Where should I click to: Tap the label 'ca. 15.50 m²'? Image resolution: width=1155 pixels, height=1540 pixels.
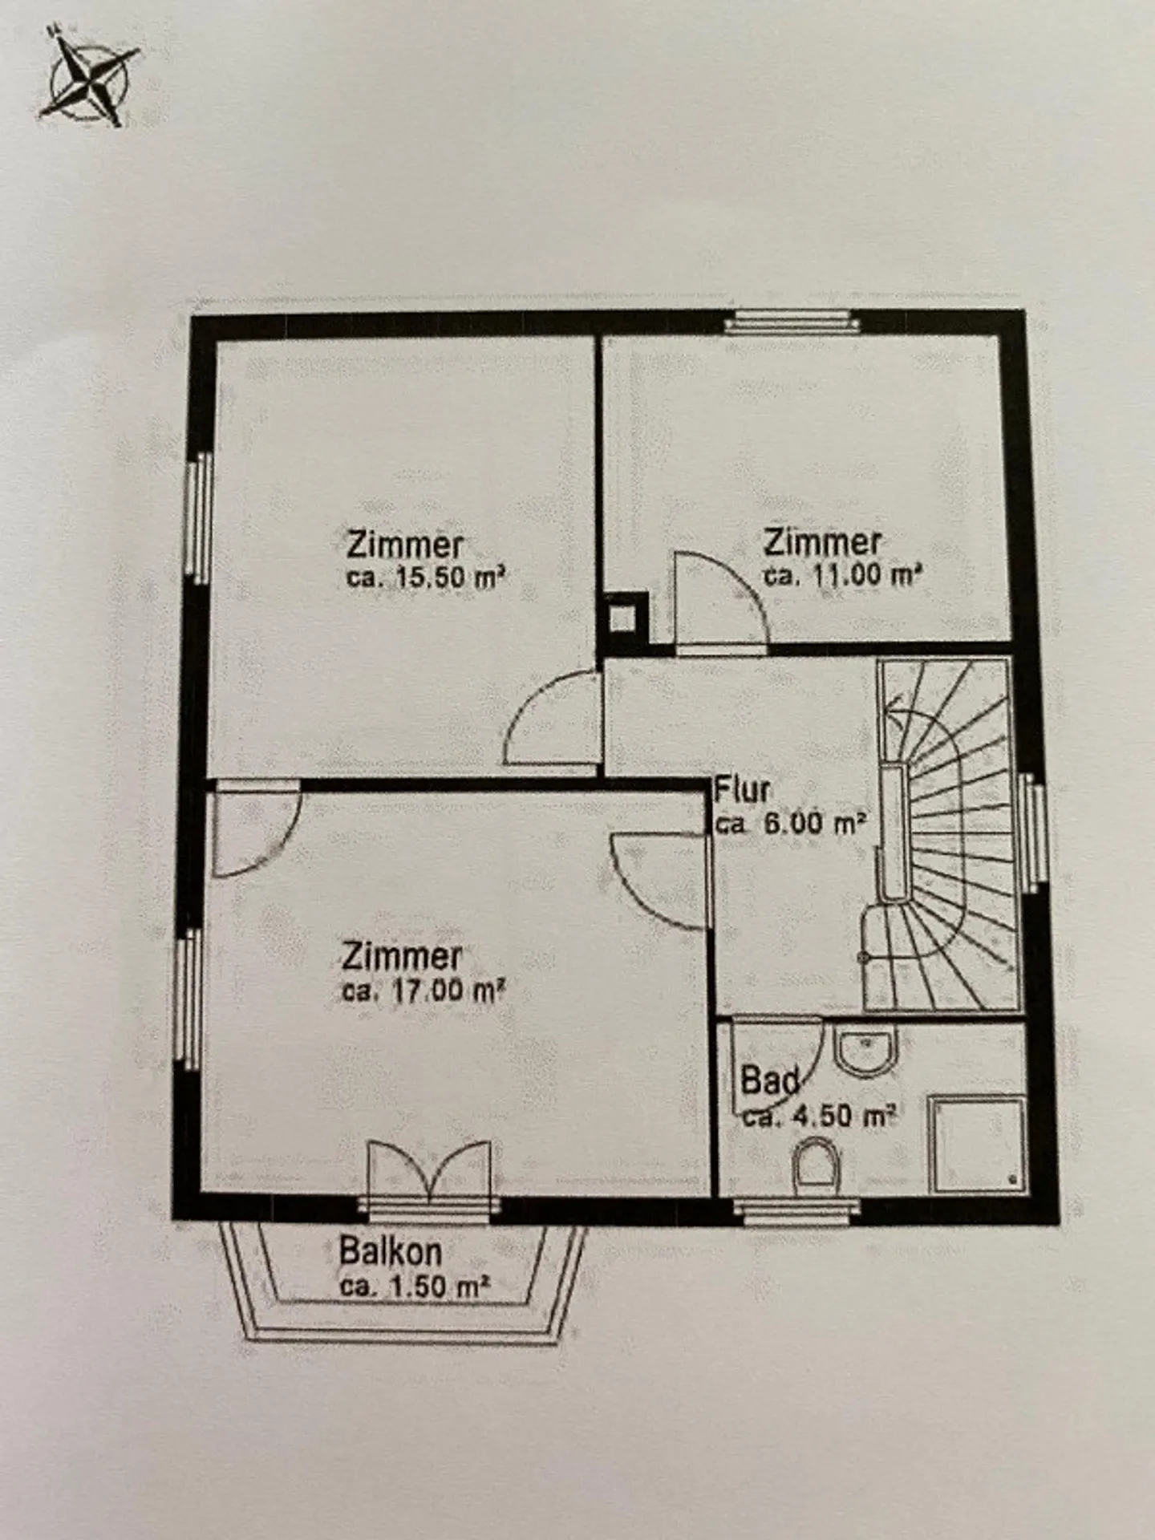click(x=426, y=577)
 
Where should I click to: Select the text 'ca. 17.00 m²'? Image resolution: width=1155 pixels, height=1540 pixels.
click(x=423, y=991)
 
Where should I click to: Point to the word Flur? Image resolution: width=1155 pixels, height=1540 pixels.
click(x=742, y=790)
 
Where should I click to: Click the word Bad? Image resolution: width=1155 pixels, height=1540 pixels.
click(x=768, y=1081)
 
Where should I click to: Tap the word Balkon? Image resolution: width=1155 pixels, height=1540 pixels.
click(x=390, y=1251)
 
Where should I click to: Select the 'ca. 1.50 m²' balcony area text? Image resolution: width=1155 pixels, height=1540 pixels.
click(x=415, y=1287)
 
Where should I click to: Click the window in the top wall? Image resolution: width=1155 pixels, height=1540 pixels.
click(x=791, y=324)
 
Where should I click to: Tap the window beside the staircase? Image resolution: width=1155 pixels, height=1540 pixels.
click(x=1034, y=834)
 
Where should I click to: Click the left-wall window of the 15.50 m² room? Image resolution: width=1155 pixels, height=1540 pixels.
click(x=197, y=517)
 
